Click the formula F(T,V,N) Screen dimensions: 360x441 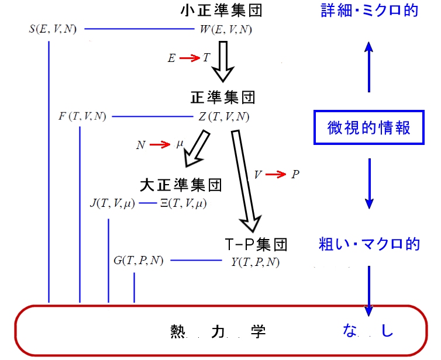click(x=82, y=116)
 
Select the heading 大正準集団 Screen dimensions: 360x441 click(x=181, y=186)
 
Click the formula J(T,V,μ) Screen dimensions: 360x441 click(x=112, y=203)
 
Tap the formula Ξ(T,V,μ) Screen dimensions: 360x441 click(x=183, y=203)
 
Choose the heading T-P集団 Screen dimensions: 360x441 click(x=256, y=243)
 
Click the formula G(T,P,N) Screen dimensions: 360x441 click(x=139, y=261)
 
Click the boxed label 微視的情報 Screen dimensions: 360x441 click(x=368, y=126)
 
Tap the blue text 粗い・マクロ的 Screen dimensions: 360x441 click(x=370, y=244)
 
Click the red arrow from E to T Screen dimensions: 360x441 click(x=190, y=58)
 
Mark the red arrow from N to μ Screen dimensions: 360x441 click(x=159, y=145)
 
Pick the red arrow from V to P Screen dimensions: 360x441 click(x=277, y=174)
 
